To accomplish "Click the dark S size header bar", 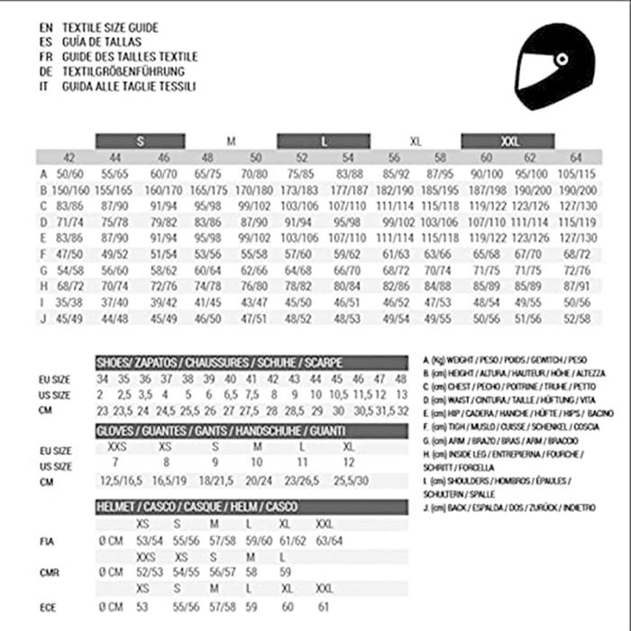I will coord(141,141).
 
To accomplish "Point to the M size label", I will coord(231,142).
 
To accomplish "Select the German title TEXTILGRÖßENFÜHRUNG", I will coord(123,71).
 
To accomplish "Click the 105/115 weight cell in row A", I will coord(576,174).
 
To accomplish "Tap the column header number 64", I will coord(576,158).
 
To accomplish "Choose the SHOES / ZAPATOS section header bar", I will coord(219,361).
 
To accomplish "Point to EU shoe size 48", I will coord(400,379).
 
